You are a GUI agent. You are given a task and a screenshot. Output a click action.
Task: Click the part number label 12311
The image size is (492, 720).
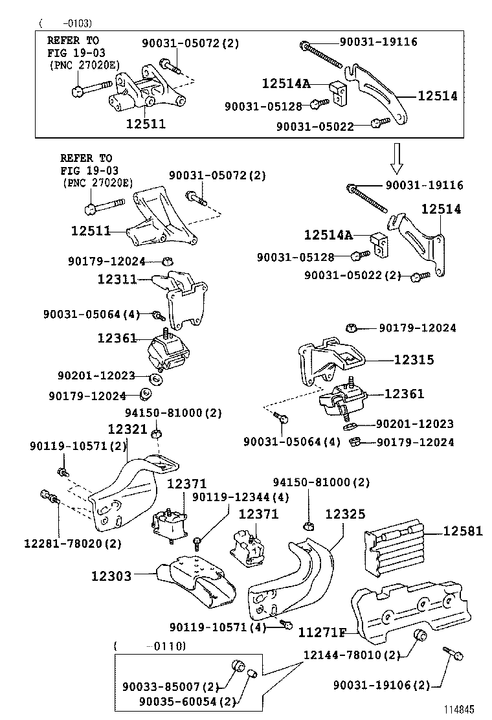click(x=117, y=280)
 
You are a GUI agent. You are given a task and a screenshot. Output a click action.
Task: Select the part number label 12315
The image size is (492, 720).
click(x=414, y=359)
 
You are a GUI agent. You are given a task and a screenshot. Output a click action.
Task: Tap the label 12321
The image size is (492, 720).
click(x=127, y=429)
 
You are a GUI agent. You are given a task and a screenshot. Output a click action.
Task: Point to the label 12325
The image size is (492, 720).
click(x=345, y=514)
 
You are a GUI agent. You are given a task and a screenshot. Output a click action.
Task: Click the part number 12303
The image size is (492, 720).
click(x=111, y=575)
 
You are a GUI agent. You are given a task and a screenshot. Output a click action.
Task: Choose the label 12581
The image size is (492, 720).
click(x=463, y=531)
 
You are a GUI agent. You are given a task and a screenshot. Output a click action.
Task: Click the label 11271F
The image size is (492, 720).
click(x=322, y=631)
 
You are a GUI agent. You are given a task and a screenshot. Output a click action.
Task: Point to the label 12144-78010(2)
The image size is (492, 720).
click(x=352, y=655)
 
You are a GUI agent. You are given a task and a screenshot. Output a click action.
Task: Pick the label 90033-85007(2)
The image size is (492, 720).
click(x=171, y=686)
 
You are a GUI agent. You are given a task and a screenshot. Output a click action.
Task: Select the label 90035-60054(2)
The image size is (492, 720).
click(x=187, y=701)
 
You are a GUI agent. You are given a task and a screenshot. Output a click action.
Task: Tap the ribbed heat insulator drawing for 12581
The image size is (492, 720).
click(x=395, y=550)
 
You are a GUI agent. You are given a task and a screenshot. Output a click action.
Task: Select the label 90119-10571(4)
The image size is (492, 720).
click(x=218, y=627)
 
